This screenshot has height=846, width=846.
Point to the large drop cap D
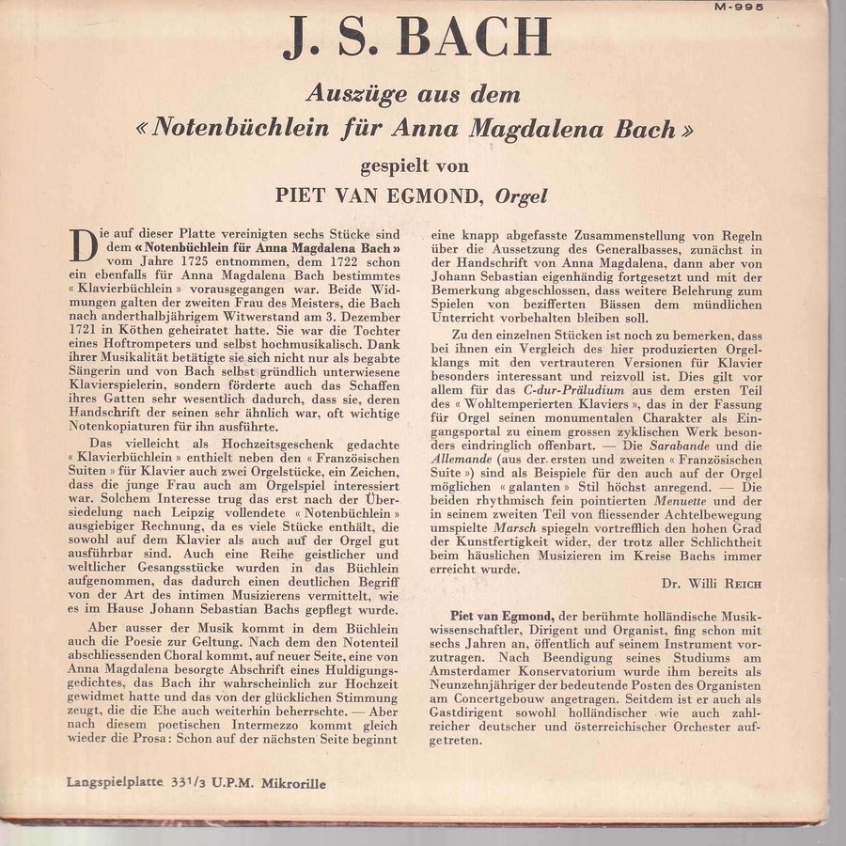click(84, 246)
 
